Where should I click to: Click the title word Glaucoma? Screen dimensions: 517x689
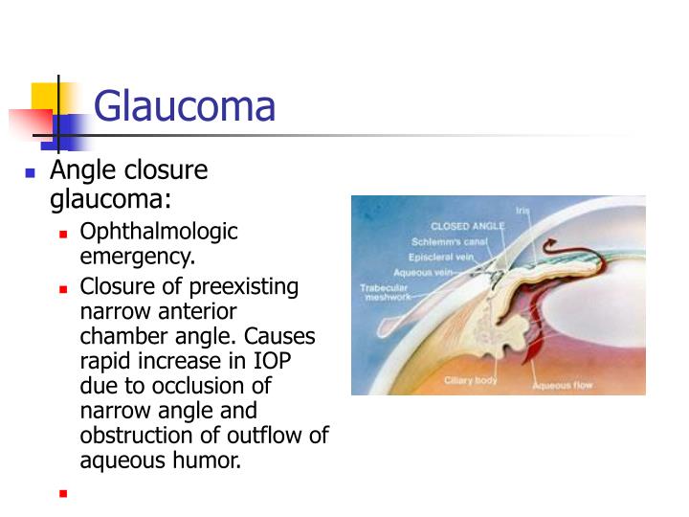[x=185, y=105]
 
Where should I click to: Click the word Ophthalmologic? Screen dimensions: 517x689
[x=159, y=232]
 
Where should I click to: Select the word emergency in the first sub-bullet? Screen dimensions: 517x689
[x=136, y=256]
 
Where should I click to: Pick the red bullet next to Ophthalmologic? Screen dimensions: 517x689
[x=63, y=234]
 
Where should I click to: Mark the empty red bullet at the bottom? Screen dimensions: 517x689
[x=63, y=494]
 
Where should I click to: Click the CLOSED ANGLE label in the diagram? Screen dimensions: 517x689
[x=466, y=227]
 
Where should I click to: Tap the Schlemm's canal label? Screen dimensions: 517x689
[x=450, y=242]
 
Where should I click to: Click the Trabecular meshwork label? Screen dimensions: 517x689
[x=385, y=292]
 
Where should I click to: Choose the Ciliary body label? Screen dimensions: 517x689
[x=470, y=380]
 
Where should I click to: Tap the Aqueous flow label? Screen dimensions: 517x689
[x=563, y=385]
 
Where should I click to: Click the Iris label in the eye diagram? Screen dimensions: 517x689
[x=522, y=210]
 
